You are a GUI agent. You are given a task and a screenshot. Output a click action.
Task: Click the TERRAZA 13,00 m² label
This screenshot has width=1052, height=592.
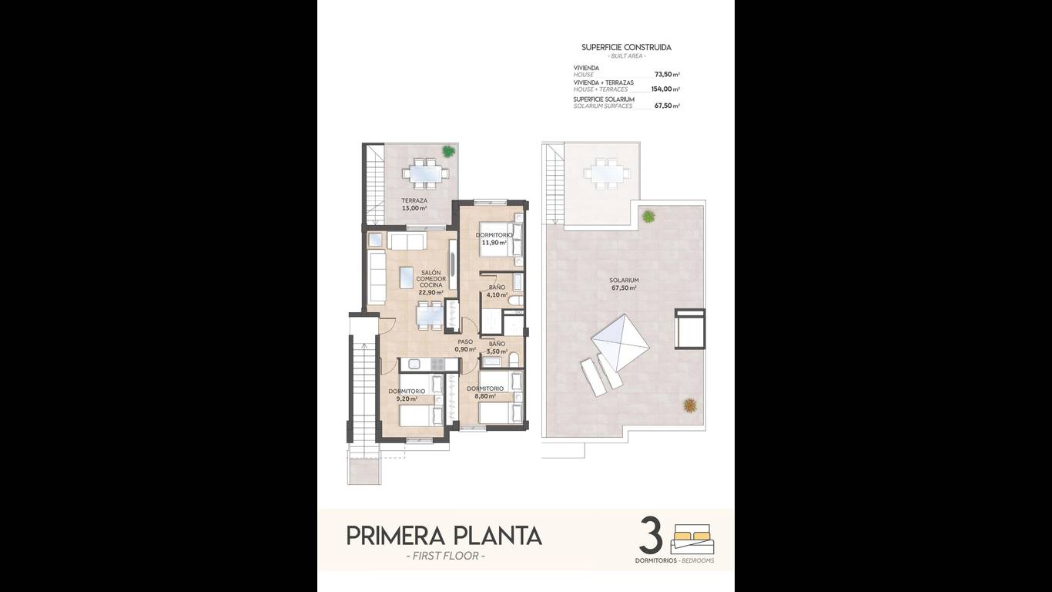click(414, 204)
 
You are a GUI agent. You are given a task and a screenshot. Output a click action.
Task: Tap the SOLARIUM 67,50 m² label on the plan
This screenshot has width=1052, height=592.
click(624, 284)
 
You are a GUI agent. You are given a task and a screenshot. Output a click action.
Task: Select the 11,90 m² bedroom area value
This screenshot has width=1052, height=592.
click(494, 243)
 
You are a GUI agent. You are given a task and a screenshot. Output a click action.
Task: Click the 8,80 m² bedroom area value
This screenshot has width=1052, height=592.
click(485, 396)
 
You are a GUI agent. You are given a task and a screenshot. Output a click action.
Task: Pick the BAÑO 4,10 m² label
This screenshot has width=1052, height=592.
click(497, 291)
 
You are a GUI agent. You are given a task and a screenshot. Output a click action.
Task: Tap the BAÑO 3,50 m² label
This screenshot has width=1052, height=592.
click(497, 348)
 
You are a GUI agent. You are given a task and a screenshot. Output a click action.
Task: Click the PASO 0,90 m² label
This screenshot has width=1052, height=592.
click(465, 345)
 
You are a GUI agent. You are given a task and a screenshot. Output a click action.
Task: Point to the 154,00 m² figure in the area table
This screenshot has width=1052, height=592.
click(665, 89)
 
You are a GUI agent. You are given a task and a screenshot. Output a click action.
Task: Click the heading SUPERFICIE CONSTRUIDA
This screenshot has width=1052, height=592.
click(627, 48)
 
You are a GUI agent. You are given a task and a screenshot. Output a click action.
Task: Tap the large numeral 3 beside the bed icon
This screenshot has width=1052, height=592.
click(652, 536)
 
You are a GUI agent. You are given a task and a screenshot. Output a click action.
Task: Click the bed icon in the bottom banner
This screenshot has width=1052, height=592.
click(692, 539)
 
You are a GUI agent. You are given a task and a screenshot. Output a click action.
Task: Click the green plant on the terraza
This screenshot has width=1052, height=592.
click(448, 151)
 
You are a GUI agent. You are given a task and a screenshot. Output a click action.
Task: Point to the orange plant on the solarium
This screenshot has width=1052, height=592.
click(689, 405)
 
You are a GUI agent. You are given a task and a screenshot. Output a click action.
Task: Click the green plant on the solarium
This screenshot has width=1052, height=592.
click(648, 217)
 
